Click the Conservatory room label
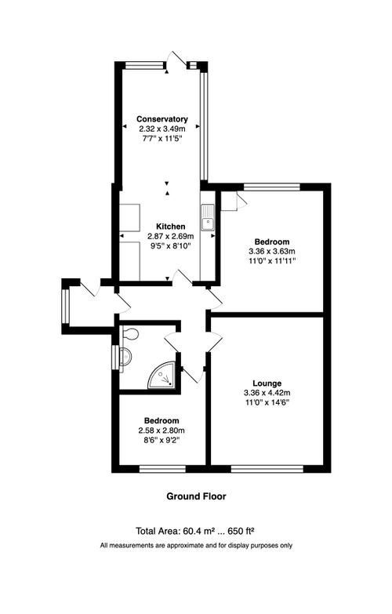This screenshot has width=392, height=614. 162,119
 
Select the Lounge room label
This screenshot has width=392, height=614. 267,383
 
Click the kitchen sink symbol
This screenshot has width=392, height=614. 209,217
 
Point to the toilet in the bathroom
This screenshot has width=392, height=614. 129,336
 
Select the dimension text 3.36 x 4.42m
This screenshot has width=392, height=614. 267,393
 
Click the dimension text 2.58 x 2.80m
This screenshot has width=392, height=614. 162,431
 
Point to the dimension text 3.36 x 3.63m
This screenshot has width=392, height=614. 272,251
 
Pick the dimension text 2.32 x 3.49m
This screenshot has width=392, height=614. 162,129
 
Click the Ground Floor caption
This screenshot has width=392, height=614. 196,496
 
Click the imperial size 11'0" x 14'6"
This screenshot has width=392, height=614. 267,402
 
